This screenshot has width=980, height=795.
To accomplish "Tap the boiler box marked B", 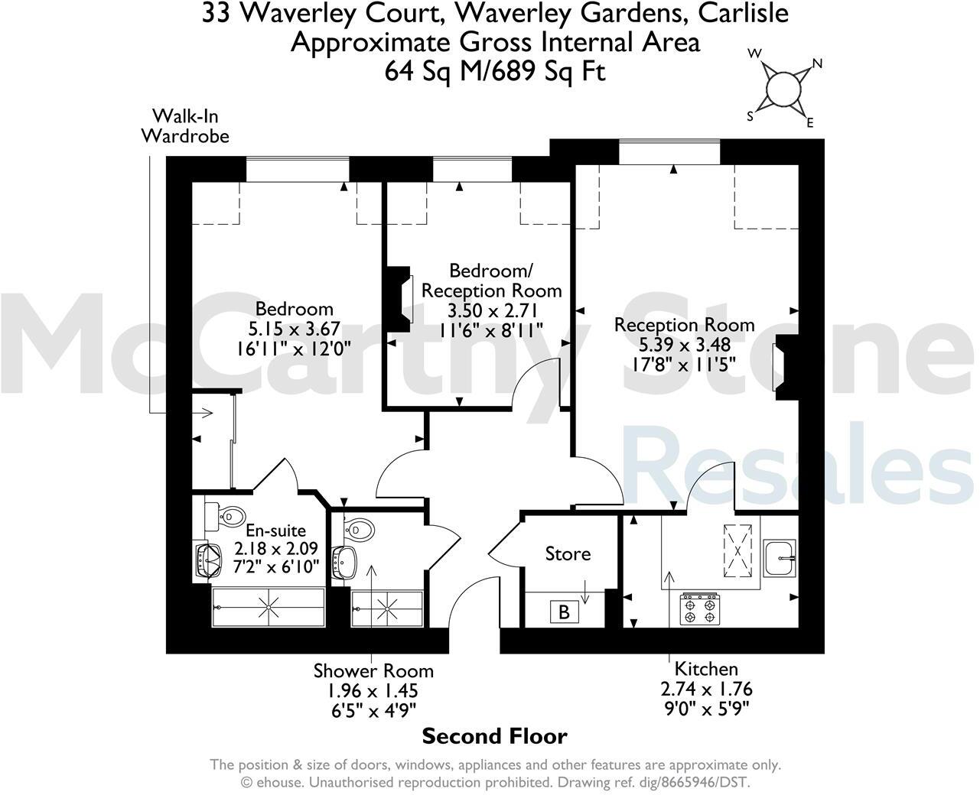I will coord(565,612).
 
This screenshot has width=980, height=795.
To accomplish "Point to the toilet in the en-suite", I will coord(227,517).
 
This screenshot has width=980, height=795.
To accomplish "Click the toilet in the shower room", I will coord(360,529).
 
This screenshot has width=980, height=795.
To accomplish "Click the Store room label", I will coord(568,553).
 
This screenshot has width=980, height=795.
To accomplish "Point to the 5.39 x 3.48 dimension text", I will coord(684,345).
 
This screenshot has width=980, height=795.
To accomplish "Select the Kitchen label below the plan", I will coord(705,669).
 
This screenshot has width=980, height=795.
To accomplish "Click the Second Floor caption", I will coord(495,737).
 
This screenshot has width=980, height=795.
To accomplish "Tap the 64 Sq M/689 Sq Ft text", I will coord(495,71).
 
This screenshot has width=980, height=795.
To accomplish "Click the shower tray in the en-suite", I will coord(268,608).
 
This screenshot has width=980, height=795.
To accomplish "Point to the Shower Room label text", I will coord(373,671).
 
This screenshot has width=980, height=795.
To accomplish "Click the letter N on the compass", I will coord(816,63).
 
